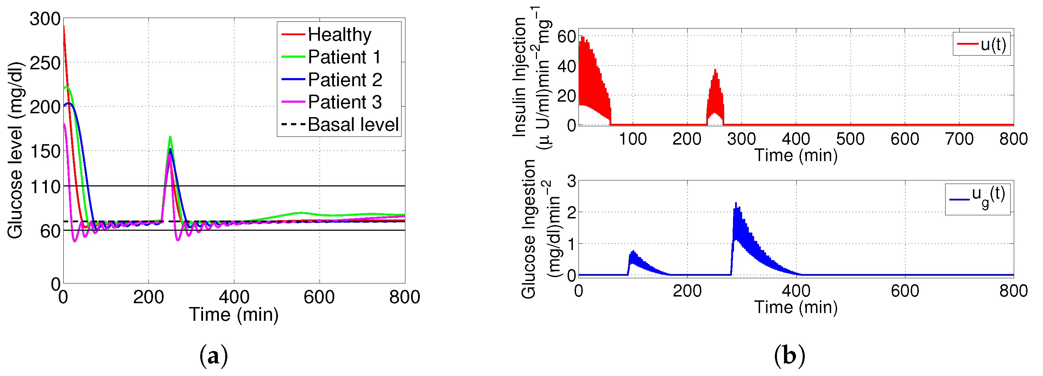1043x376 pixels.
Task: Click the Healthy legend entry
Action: pyautogui.click(x=339, y=34)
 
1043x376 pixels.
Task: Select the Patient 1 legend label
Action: pyautogui.click(x=344, y=57)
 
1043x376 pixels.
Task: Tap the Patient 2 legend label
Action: pyautogui.click(x=344, y=80)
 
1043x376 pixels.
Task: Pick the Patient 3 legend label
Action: pyautogui.click(x=344, y=102)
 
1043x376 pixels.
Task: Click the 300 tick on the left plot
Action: pyautogui.click(x=45, y=19)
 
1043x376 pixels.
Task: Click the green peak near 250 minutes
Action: pyautogui.click(x=170, y=137)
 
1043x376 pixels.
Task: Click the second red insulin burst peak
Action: pyautogui.click(x=715, y=70)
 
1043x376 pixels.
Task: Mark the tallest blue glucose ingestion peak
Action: pyautogui.click(x=736, y=203)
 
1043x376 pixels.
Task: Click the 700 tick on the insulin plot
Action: pyautogui.click(x=959, y=139)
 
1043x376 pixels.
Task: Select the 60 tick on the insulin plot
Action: pyautogui.click(x=567, y=37)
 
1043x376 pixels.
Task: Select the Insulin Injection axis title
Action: pyautogui.click(x=519, y=77)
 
